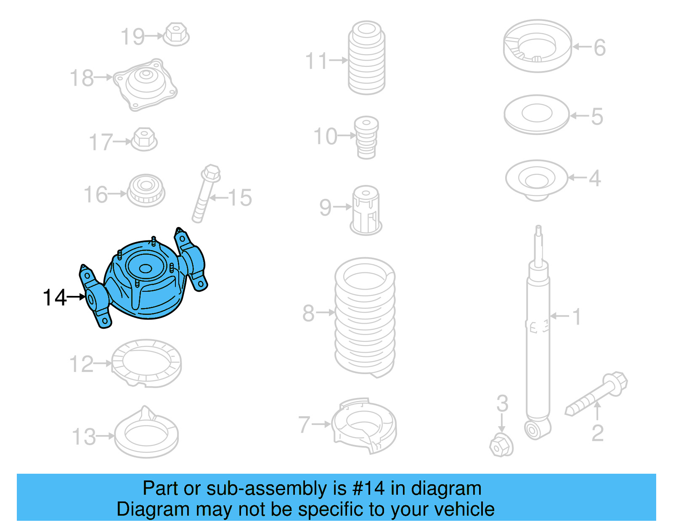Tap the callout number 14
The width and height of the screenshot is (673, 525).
pyautogui.click(x=55, y=298)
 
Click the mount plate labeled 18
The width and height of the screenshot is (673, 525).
pyautogui.click(x=146, y=84)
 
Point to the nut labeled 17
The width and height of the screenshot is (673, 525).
pyautogui.click(x=144, y=139)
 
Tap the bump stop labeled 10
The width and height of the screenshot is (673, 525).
pyautogui.click(x=366, y=137)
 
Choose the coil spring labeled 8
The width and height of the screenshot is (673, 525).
pyautogui.click(x=365, y=317)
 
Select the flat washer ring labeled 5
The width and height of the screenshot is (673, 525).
pyautogui.click(x=537, y=114)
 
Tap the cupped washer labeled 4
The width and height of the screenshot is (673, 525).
pyautogui.click(x=536, y=179)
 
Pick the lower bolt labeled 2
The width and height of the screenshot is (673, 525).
pyautogui.click(x=597, y=393)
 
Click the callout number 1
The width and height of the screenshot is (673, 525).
pyautogui.click(x=577, y=317)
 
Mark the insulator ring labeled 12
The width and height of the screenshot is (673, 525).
pyautogui.click(x=146, y=363)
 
